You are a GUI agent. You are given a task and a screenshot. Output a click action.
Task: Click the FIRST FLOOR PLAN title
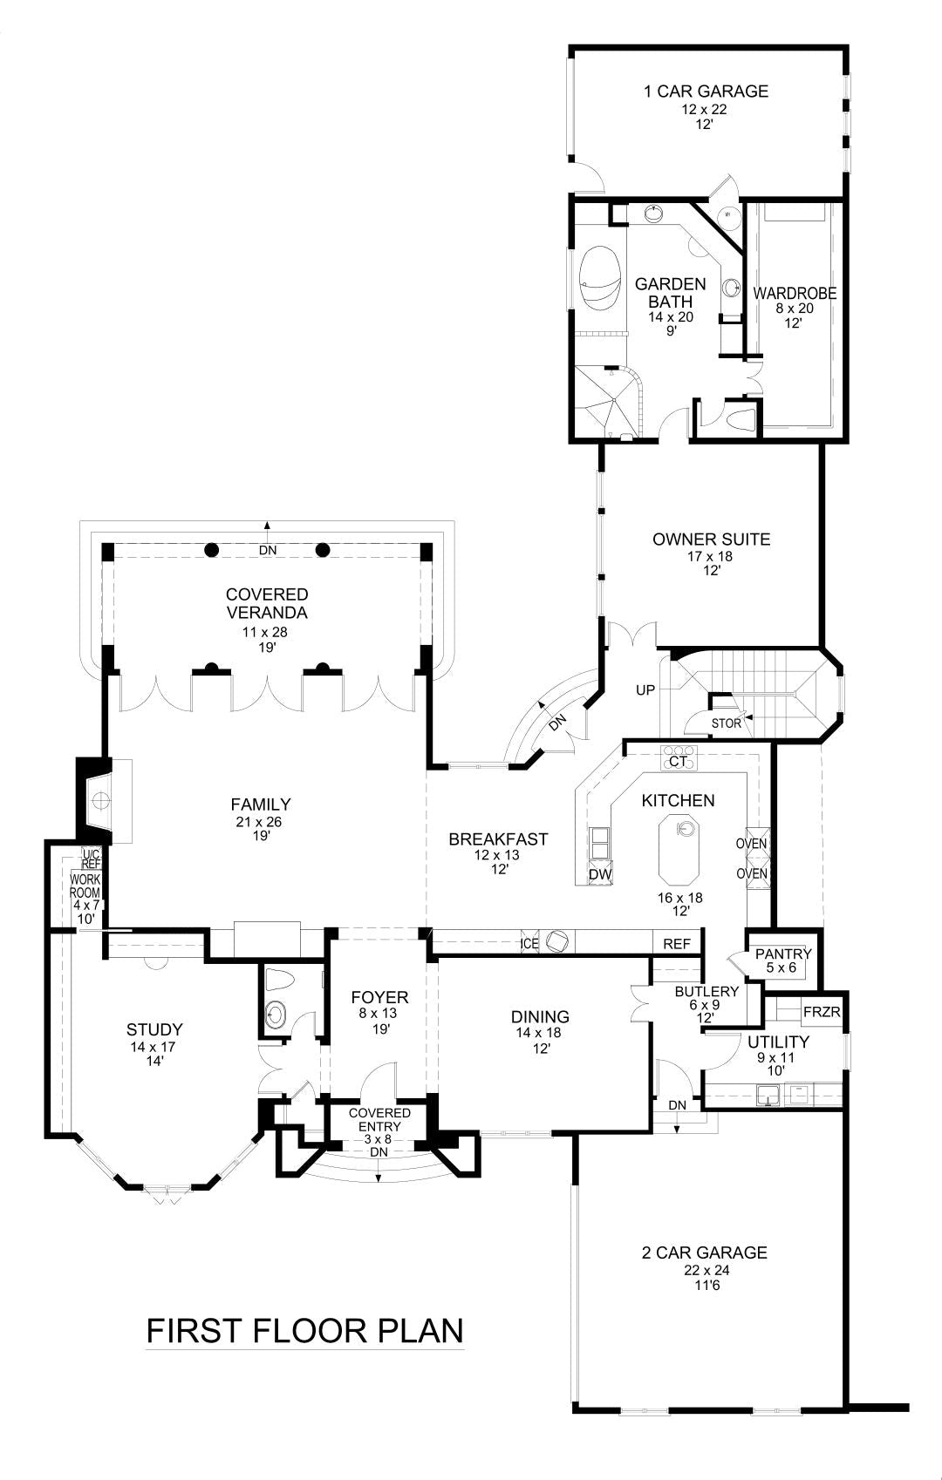[x=304, y=1331]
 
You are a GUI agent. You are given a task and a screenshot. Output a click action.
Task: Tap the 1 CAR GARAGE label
[x=706, y=91]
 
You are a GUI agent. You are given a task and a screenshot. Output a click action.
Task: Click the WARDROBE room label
[x=794, y=294]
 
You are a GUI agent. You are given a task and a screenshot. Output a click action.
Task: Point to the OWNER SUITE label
[x=711, y=540]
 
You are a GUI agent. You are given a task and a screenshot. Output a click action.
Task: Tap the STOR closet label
[x=726, y=723]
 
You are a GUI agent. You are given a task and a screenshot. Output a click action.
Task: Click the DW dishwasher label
[x=599, y=874]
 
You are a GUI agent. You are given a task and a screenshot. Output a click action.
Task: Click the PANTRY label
[x=783, y=954]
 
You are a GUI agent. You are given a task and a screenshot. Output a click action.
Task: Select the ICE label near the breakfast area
[x=529, y=944]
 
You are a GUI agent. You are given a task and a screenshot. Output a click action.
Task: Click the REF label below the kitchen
[x=677, y=944]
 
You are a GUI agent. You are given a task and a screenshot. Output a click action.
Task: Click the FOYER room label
[x=379, y=997]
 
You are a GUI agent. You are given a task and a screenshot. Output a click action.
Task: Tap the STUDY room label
[x=154, y=1029]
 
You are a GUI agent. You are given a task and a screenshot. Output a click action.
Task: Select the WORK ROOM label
[x=86, y=886]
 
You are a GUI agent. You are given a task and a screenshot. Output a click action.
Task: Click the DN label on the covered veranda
[x=267, y=550]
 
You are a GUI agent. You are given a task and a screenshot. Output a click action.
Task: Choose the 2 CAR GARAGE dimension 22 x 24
[x=706, y=1271]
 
